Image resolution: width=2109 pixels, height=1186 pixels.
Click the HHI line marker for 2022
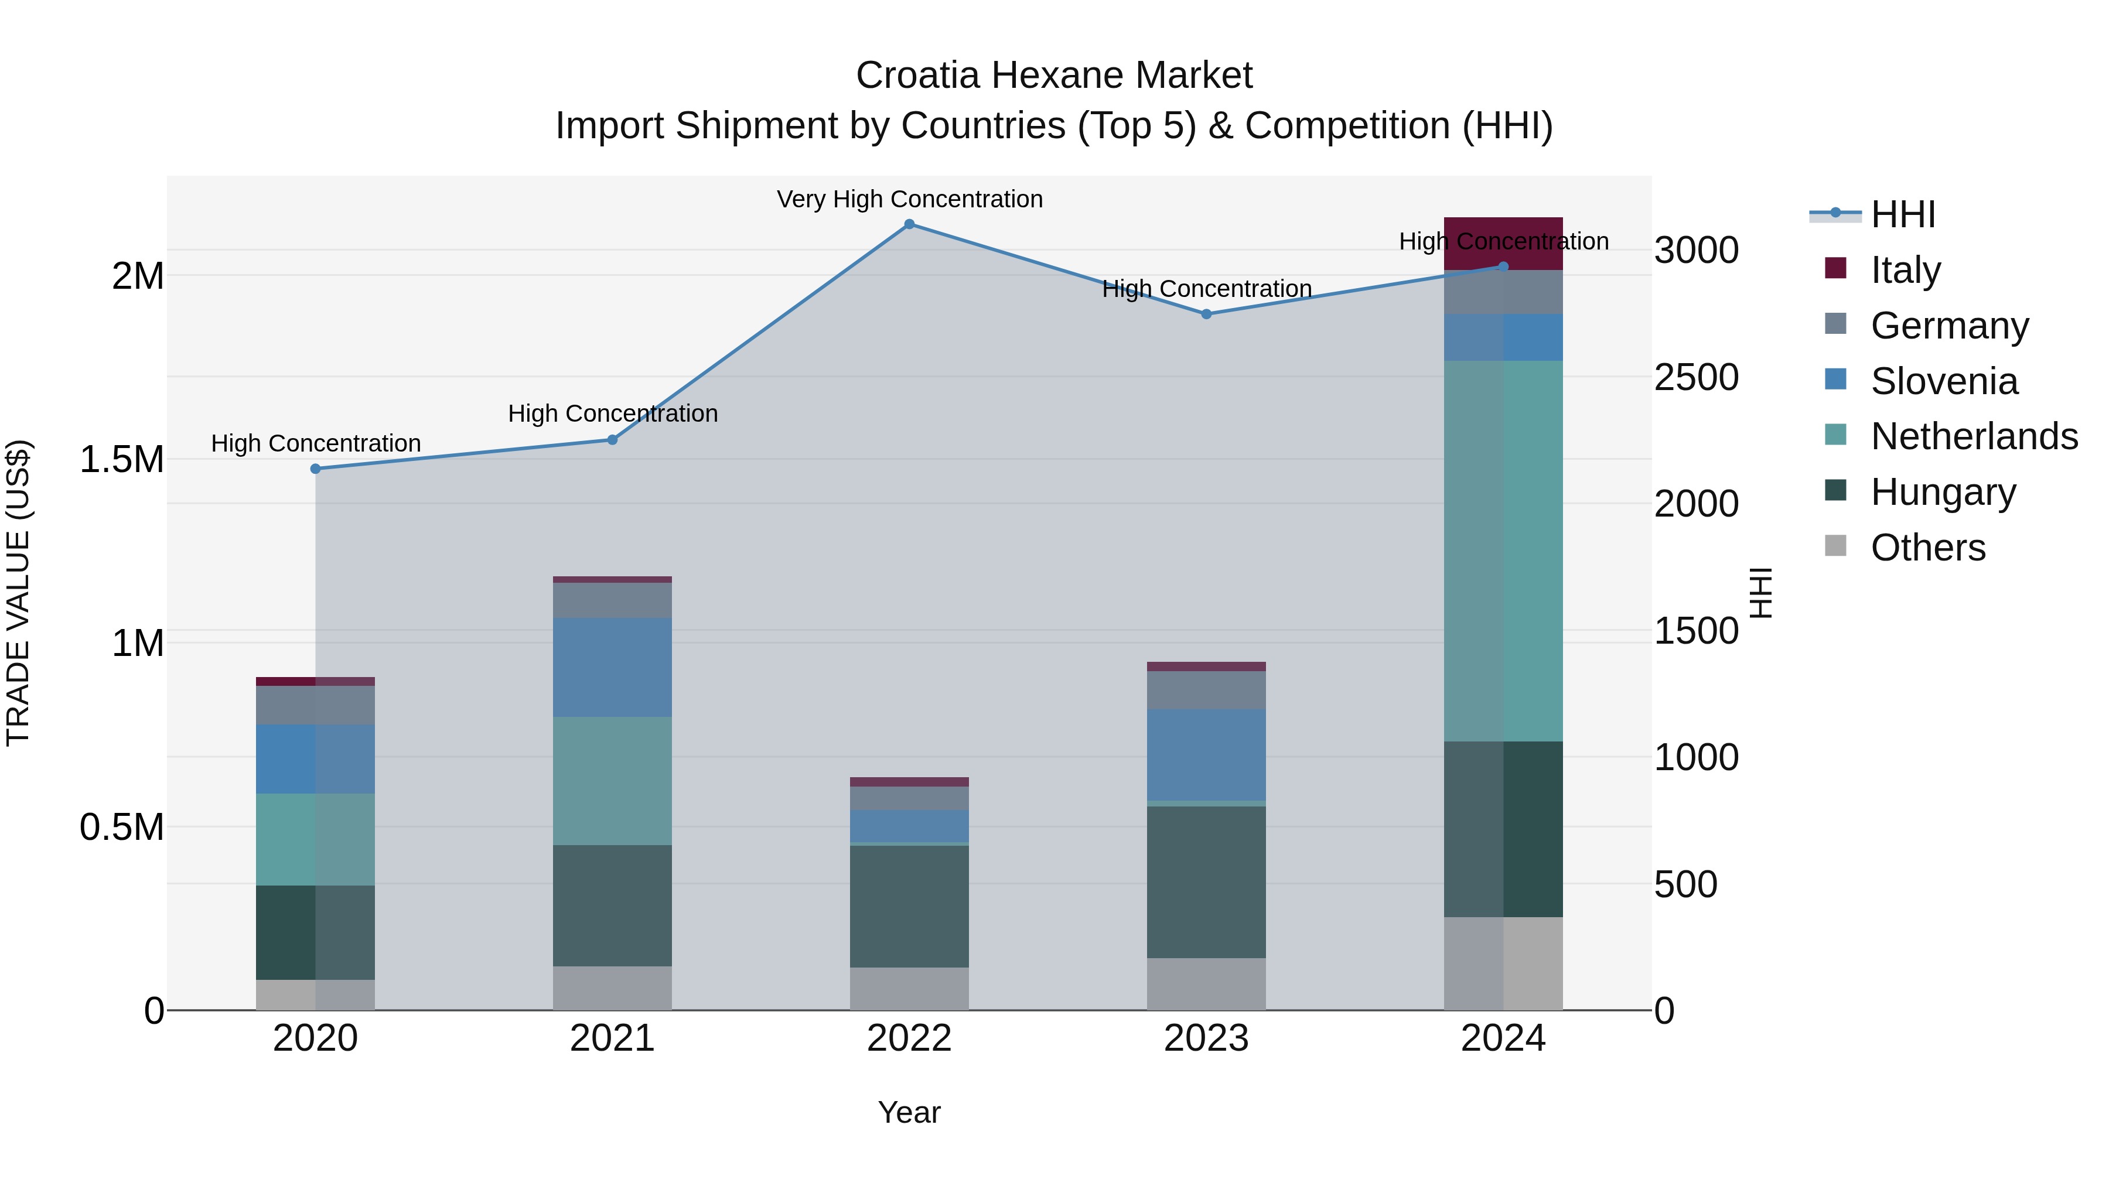909,224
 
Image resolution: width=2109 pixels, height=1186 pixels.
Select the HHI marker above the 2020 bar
315,469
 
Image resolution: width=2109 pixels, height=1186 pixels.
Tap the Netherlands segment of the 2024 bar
1503,551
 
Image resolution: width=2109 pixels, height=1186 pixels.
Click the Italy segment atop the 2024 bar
1503,243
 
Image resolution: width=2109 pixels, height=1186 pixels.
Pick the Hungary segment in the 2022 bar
909,906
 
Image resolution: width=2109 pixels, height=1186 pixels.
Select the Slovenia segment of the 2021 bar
612,667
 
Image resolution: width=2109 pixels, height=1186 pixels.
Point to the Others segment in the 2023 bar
1206,984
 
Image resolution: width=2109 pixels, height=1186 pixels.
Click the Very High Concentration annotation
909,199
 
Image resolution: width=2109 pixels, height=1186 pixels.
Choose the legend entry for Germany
1949,326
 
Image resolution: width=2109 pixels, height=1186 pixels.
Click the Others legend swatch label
1928,548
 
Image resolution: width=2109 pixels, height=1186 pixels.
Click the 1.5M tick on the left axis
121,460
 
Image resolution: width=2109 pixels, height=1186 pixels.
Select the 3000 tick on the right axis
1695,251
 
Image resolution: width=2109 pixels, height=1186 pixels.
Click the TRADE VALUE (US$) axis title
18,593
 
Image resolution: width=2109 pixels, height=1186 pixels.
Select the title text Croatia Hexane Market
1054,76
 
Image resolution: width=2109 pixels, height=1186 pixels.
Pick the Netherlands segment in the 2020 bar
315,839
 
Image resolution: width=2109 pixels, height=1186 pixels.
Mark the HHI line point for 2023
1206,315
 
